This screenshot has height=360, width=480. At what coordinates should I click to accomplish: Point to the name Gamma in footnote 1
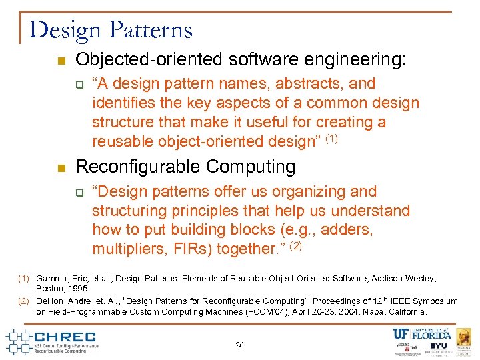pyautogui.click(x=51, y=278)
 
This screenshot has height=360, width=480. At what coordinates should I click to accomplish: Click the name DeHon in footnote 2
pyautogui.click(x=50, y=301)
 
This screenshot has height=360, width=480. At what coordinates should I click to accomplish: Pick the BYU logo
pyautogui.click(x=438, y=346)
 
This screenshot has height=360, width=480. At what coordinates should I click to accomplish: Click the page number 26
pyautogui.click(x=240, y=345)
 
